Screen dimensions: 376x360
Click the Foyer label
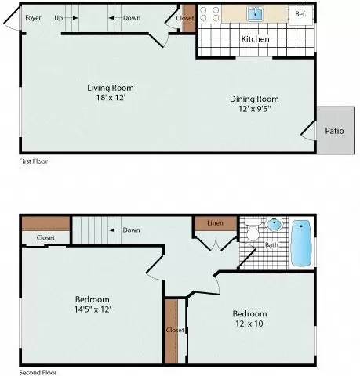(x=33, y=16)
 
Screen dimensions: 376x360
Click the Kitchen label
(x=255, y=38)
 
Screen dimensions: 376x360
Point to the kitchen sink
(x=256, y=14)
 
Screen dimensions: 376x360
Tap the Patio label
(x=334, y=131)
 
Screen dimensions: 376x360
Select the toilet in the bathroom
(x=253, y=233)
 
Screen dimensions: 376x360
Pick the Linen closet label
(x=215, y=223)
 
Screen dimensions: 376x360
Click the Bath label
(x=271, y=245)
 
